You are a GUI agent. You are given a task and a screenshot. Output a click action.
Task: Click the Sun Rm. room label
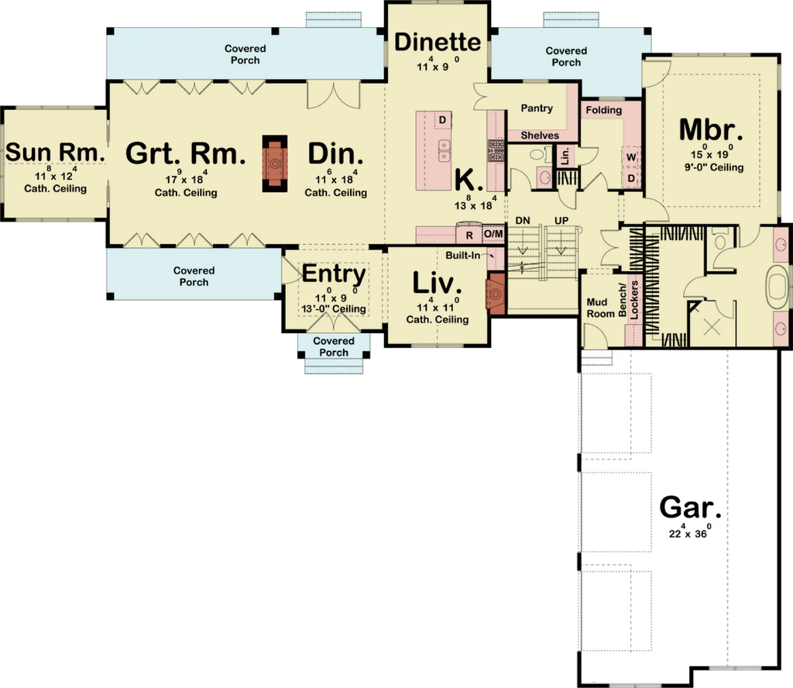pyautogui.click(x=55, y=152)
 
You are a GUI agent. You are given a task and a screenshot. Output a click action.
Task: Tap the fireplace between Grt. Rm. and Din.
pyautogui.click(x=275, y=163)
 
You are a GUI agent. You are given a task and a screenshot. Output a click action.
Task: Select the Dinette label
pyautogui.click(x=438, y=42)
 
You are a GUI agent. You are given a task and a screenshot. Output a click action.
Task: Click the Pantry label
pyautogui.click(x=537, y=108)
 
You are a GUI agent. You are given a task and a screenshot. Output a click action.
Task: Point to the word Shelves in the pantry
pyautogui.click(x=540, y=136)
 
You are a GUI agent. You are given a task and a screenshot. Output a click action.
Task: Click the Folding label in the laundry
pyautogui.click(x=604, y=110)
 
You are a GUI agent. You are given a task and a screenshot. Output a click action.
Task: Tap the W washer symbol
pyautogui.click(x=631, y=157)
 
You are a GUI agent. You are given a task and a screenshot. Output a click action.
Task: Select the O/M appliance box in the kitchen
pyautogui.click(x=493, y=234)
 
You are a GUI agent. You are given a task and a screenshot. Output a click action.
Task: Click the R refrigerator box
pyautogui.click(x=469, y=236)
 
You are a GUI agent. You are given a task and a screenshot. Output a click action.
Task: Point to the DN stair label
pyautogui.click(x=523, y=221)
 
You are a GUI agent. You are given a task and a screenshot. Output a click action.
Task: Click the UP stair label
pyautogui.click(x=561, y=221)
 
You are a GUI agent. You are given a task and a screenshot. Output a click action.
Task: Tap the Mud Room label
pyautogui.click(x=600, y=308)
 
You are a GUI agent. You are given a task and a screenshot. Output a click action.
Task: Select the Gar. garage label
pyautogui.click(x=690, y=507)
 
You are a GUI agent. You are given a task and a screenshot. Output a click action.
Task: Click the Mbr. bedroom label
pyautogui.click(x=711, y=130)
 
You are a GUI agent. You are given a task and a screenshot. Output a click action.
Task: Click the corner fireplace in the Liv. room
pyautogui.click(x=496, y=294)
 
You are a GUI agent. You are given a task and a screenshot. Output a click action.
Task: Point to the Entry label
pyautogui.click(x=334, y=274)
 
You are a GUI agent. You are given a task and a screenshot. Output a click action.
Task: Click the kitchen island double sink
pyautogui.click(x=444, y=151)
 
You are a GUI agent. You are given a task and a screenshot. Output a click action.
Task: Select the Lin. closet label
pyautogui.click(x=565, y=156)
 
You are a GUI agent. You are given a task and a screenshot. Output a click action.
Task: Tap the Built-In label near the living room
pyautogui.click(x=463, y=256)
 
